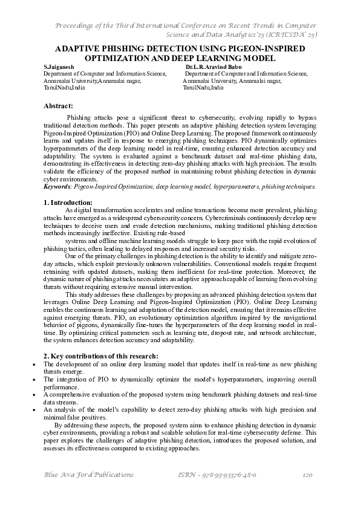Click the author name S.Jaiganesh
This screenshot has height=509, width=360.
coord(59,66)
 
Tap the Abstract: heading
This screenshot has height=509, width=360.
coord(59,106)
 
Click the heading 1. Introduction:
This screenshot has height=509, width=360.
coord(68,202)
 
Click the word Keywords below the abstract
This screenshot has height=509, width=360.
coord(57,187)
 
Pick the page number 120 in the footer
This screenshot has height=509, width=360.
coord(307,476)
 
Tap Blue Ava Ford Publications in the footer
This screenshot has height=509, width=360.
coord(82,476)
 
